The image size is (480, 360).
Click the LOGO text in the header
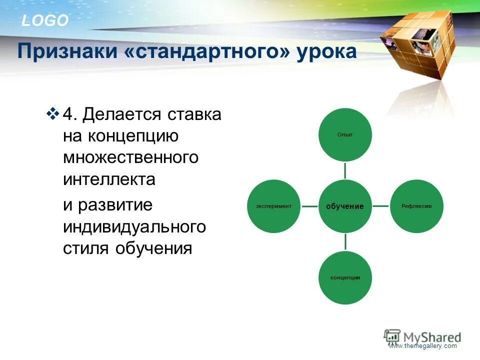pyautogui.click(x=45, y=21)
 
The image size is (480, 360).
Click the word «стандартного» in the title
pyautogui.click(x=207, y=51)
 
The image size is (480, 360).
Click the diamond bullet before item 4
pyautogui.click(x=52, y=113)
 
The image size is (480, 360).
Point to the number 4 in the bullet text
pyautogui.click(x=70, y=114)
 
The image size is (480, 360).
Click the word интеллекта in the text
pyautogui.click(x=109, y=179)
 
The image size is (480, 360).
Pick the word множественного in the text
pyautogui.click(x=130, y=157)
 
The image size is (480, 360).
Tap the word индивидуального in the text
pyautogui.click(x=134, y=227)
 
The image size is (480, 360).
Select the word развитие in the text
pyautogui.click(x=115, y=205)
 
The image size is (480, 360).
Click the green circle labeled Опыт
pyautogui.click(x=345, y=134)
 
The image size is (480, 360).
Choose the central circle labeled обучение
pyautogui.click(x=345, y=206)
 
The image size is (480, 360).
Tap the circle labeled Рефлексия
pyautogui.click(x=416, y=206)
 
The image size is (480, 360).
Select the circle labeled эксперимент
pyautogui.click(x=273, y=206)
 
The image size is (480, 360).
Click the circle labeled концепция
pyautogui.click(x=345, y=277)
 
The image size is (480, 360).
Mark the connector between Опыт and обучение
pyautogui.click(x=345, y=170)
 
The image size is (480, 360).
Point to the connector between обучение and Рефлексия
pyautogui.click(x=381, y=206)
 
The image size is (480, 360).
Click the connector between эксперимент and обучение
pyautogui.click(x=309, y=206)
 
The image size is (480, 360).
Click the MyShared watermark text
pyautogui.click(x=432, y=337)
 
